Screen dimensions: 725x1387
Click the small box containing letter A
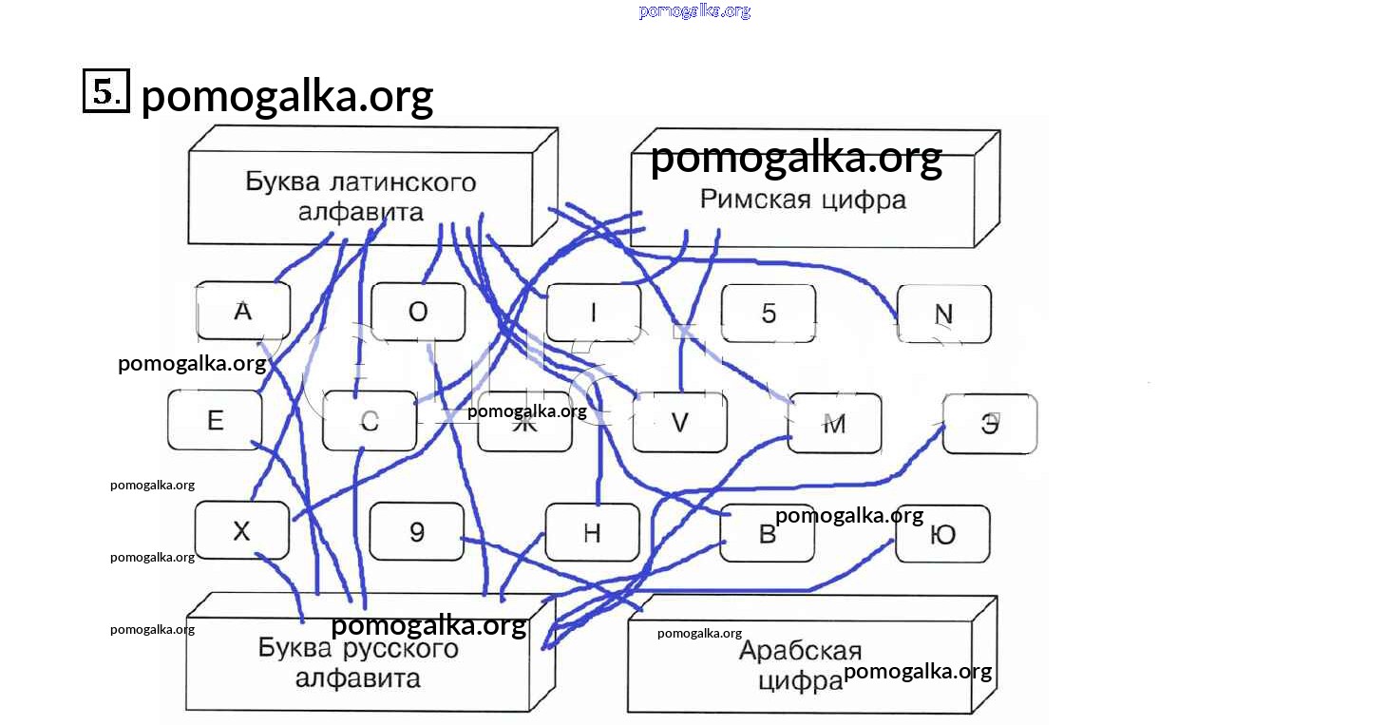click(x=242, y=311)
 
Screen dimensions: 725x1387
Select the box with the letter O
click(x=418, y=312)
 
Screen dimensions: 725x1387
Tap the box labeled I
click(x=593, y=313)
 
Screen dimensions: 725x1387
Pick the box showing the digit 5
click(x=769, y=314)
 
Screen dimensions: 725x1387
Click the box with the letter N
click(x=943, y=314)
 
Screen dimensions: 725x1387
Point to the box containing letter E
click(x=215, y=420)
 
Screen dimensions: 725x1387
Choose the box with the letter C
click(x=370, y=421)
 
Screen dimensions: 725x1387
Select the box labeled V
click(x=679, y=423)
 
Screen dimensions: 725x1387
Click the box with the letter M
click(x=834, y=424)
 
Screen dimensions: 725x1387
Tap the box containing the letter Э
click(x=990, y=424)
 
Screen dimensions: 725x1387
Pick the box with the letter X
click(x=241, y=530)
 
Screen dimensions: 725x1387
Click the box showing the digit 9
click(x=416, y=531)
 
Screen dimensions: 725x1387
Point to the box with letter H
click(x=592, y=532)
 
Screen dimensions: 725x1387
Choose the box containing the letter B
click(x=768, y=533)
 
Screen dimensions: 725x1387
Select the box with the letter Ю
click(x=942, y=534)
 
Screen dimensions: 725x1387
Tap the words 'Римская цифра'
click(x=803, y=200)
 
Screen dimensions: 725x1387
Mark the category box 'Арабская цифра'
click(x=800, y=665)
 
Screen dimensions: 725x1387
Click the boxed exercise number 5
click(x=105, y=92)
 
